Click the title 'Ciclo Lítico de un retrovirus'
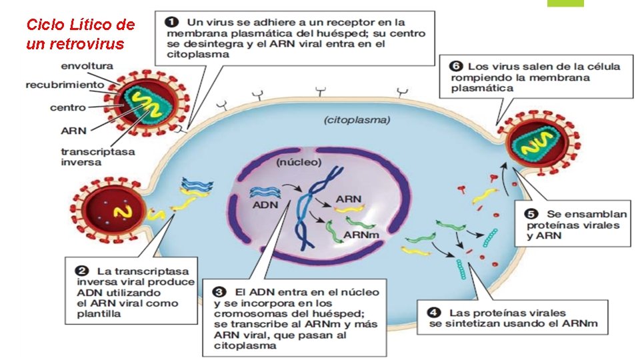(80, 35)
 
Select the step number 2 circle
(82, 271)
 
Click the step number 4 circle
(434, 313)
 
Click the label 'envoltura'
(87, 66)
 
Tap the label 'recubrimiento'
(65, 85)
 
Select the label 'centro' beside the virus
(67, 107)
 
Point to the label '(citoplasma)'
(357, 121)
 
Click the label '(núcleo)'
(299, 163)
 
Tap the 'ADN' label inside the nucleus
(265, 205)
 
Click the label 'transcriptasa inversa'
(97, 157)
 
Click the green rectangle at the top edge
(565, 3)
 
